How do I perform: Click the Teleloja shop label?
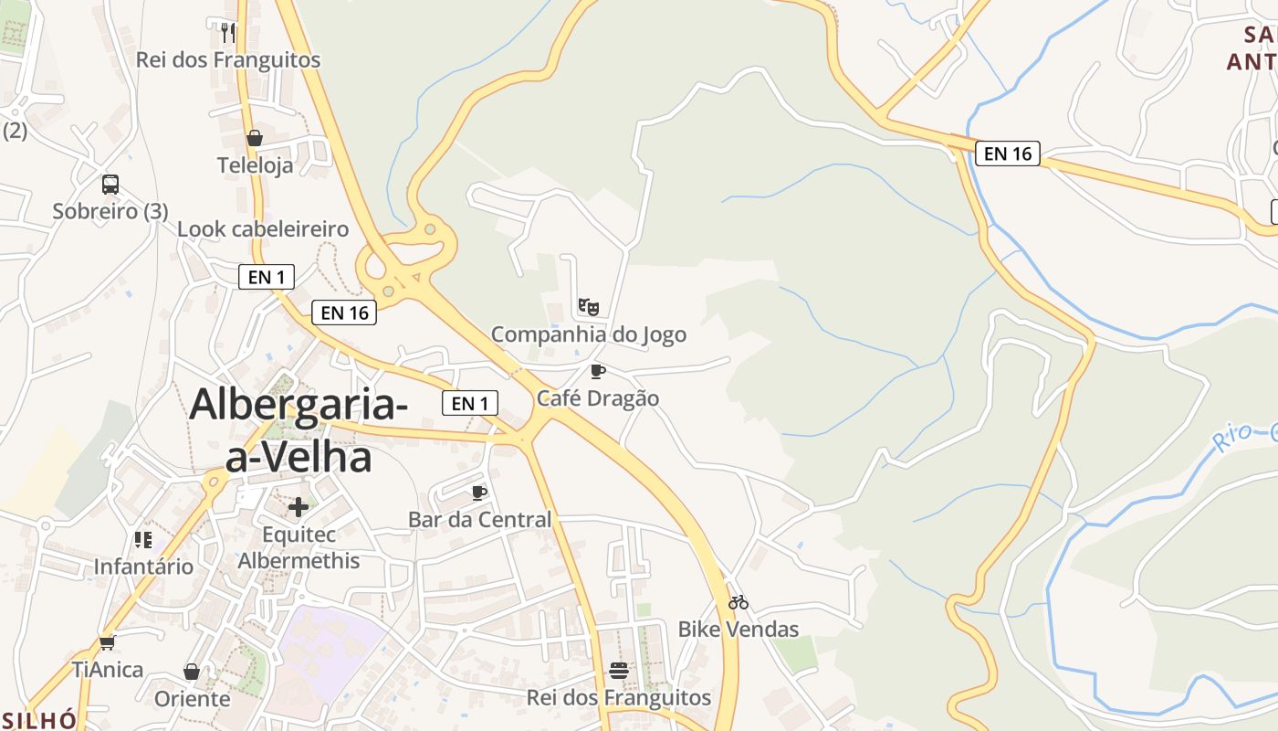click(256, 165)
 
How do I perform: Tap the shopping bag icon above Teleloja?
click(255, 138)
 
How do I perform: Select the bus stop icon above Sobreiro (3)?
click(110, 184)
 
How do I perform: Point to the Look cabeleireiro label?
click(263, 229)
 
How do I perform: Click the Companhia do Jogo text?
click(589, 334)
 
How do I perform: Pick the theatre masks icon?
click(589, 306)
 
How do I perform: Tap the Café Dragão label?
click(598, 398)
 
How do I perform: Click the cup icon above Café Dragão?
click(598, 371)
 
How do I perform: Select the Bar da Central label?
click(479, 520)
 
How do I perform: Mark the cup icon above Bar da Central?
click(479, 493)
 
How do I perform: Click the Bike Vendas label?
click(739, 630)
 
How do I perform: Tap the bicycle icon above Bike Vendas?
click(739, 602)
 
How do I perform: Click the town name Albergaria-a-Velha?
click(299, 429)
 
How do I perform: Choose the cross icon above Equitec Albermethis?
click(299, 507)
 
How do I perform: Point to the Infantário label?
click(144, 567)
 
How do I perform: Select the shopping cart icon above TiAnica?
click(108, 642)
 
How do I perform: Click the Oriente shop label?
click(192, 699)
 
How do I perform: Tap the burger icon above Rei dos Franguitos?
click(619, 671)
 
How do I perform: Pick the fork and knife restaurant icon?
click(228, 33)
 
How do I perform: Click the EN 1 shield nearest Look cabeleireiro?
click(267, 276)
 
